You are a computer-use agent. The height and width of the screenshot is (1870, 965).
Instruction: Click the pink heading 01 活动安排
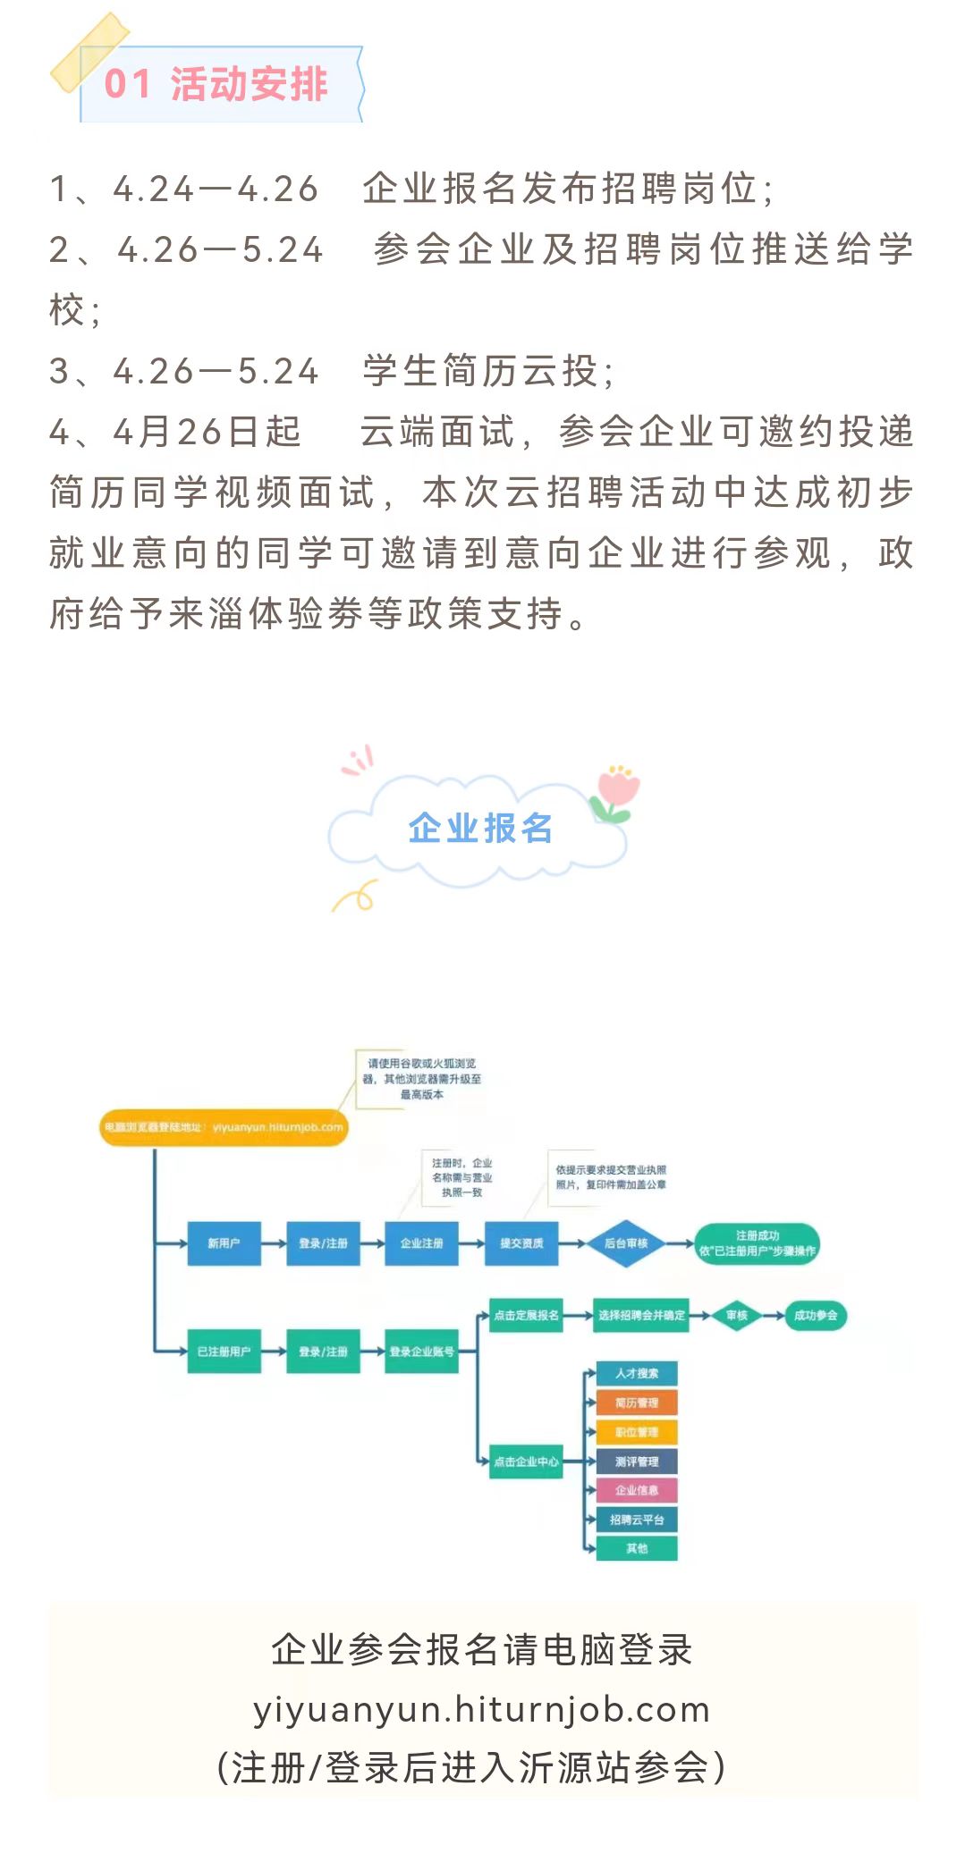click(216, 85)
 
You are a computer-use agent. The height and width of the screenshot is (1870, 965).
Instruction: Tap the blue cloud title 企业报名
click(480, 828)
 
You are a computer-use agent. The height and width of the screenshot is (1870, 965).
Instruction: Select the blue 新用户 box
click(224, 1243)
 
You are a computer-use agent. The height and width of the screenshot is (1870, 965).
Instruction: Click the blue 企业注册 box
click(421, 1243)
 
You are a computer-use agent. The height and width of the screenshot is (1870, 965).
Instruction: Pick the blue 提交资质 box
click(521, 1243)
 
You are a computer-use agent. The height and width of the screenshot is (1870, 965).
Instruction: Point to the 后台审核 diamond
click(626, 1243)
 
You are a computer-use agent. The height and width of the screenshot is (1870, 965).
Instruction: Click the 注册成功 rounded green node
click(757, 1243)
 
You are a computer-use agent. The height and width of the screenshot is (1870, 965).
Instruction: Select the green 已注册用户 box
click(224, 1352)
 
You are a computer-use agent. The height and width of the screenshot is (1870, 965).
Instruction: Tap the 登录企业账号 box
click(421, 1352)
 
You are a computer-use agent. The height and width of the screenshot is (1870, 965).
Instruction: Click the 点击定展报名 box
click(526, 1315)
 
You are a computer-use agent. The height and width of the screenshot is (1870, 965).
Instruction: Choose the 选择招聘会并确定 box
click(641, 1315)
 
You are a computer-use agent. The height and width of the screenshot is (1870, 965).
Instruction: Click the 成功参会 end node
click(815, 1315)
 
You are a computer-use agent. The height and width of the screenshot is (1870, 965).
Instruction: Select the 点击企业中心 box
click(526, 1461)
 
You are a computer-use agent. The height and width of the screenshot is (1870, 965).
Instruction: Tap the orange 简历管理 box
click(637, 1402)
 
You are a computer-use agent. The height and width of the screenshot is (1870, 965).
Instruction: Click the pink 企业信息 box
click(637, 1490)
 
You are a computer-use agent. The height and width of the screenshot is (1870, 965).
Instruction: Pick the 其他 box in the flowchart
click(637, 1548)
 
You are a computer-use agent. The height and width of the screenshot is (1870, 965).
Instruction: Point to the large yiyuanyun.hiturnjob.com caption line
click(481, 1709)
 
